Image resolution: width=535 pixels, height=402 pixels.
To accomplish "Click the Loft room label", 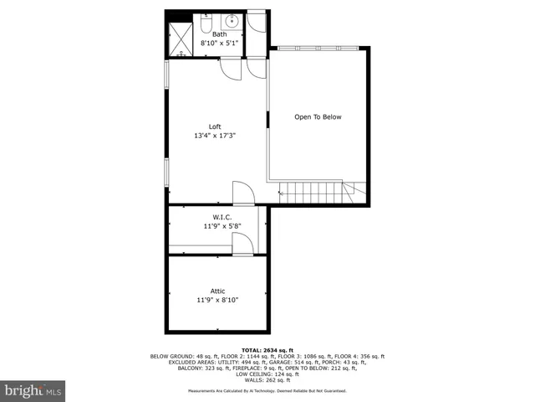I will (215, 126).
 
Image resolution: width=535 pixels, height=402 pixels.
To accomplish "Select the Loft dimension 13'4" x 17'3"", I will (215, 136).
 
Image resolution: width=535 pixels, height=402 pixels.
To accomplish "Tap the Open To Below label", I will (318, 117).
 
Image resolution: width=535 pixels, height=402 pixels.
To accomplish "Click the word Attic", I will (217, 291).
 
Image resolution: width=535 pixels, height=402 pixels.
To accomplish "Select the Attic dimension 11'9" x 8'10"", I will (217, 300).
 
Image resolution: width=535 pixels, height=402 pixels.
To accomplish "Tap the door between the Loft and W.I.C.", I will (243, 194).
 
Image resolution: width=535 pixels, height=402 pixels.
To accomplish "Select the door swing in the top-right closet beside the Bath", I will (257, 23).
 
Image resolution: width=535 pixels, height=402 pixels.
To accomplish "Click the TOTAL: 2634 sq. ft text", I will (267, 349).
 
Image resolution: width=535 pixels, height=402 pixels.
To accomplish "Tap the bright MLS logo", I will (34, 390).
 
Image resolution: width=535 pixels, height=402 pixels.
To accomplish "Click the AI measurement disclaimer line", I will (267, 391).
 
